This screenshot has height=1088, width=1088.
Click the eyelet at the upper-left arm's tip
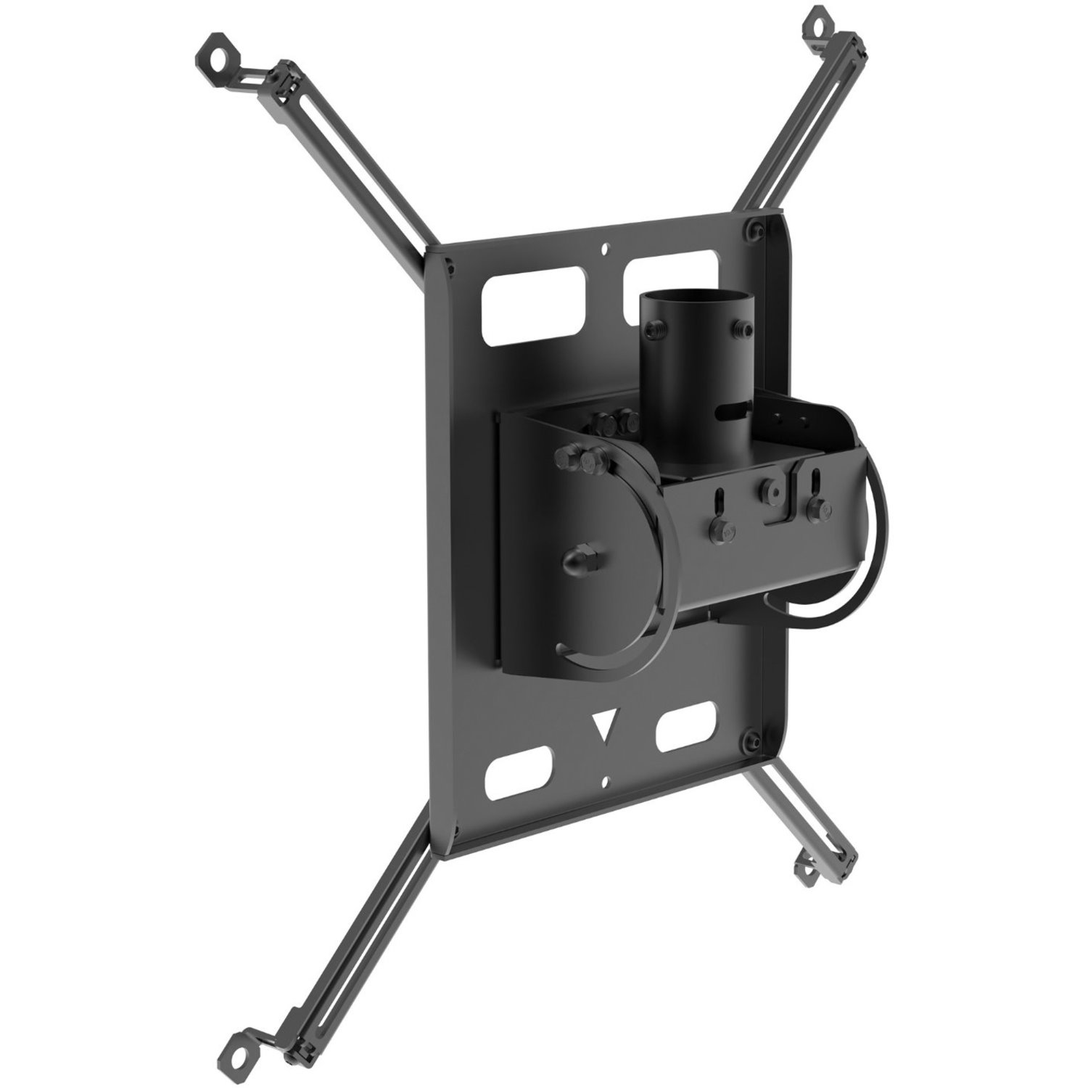[216, 59]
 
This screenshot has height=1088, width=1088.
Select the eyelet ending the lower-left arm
[237, 1025]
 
